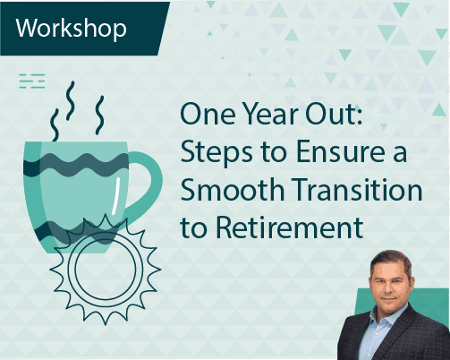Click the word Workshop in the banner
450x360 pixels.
click(x=71, y=27)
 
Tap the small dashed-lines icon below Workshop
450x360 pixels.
click(x=32, y=82)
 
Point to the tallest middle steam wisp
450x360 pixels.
click(x=74, y=105)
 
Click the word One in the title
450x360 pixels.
click(x=205, y=118)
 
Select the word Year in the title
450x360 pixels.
click(x=261, y=118)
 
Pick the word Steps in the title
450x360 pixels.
click(x=212, y=154)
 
